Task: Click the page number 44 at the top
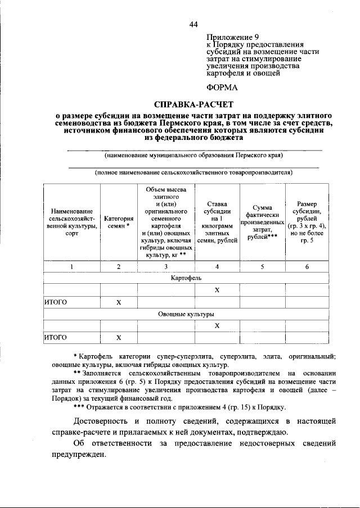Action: pyautogui.click(x=194, y=24)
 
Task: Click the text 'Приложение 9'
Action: pyautogui.click(x=230, y=35)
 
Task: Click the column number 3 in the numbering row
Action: pyautogui.click(x=166, y=266)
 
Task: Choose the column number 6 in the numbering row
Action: pyautogui.click(x=307, y=266)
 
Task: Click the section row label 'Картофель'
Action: pyautogui.click(x=186, y=278)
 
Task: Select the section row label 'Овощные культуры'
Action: pyautogui.click(x=186, y=314)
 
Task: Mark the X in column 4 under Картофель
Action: pyautogui.click(x=217, y=290)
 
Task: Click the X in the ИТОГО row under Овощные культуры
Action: pyautogui.click(x=119, y=337)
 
